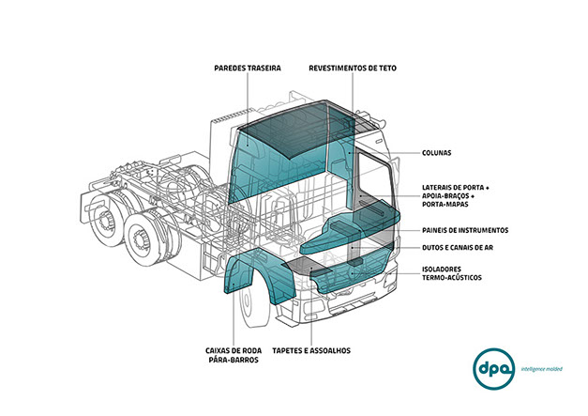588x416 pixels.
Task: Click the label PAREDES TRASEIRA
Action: tap(248, 69)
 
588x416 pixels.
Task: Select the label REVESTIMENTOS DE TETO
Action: tap(353, 69)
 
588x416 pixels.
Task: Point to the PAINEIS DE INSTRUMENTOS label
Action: tap(465, 230)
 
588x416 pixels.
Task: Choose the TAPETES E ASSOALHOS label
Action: tap(310, 350)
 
